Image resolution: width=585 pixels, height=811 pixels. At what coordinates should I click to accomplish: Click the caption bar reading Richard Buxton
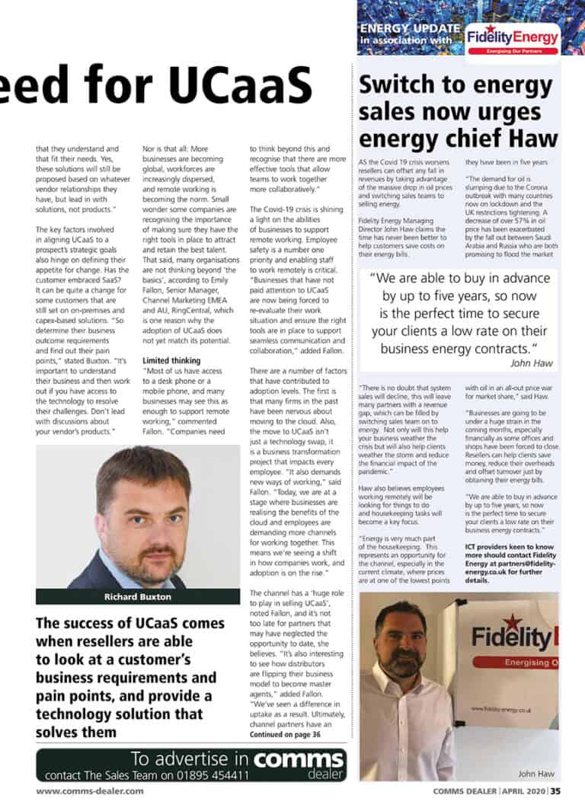(138, 596)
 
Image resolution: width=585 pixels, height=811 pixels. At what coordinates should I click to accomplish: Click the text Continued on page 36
(286, 734)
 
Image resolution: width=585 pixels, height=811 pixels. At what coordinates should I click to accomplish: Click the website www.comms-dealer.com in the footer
(90, 791)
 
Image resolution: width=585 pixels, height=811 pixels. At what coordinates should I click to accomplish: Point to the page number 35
(556, 791)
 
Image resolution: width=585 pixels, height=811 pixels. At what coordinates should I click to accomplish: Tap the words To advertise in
(189, 758)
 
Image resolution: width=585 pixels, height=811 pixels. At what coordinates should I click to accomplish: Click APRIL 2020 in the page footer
(525, 791)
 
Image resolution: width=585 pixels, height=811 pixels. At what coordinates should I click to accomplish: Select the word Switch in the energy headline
(401, 83)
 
